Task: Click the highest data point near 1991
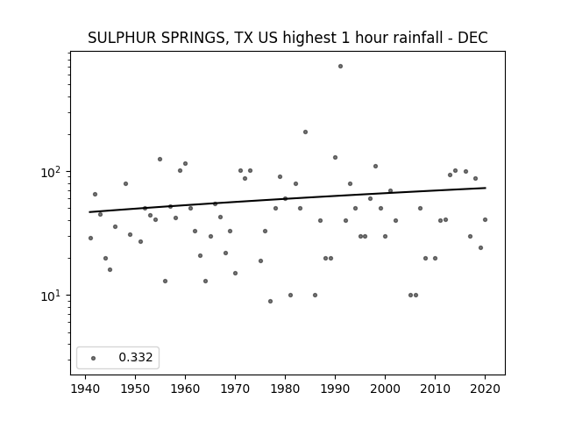coord(340,67)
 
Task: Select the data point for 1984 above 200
coord(305,132)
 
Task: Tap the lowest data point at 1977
coord(270,302)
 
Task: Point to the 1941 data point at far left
coord(90,238)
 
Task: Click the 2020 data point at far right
coord(485,220)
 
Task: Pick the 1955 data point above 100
coord(160,160)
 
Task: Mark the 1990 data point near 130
coord(335,158)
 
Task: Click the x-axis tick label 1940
coord(86,389)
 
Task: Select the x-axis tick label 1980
coord(285,389)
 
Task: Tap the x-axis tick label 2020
coord(485,389)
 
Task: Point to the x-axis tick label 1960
coord(185,389)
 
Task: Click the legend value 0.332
coord(136,357)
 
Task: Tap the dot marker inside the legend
coord(94,358)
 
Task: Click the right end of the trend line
coord(486,188)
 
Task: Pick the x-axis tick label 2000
coord(385,389)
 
